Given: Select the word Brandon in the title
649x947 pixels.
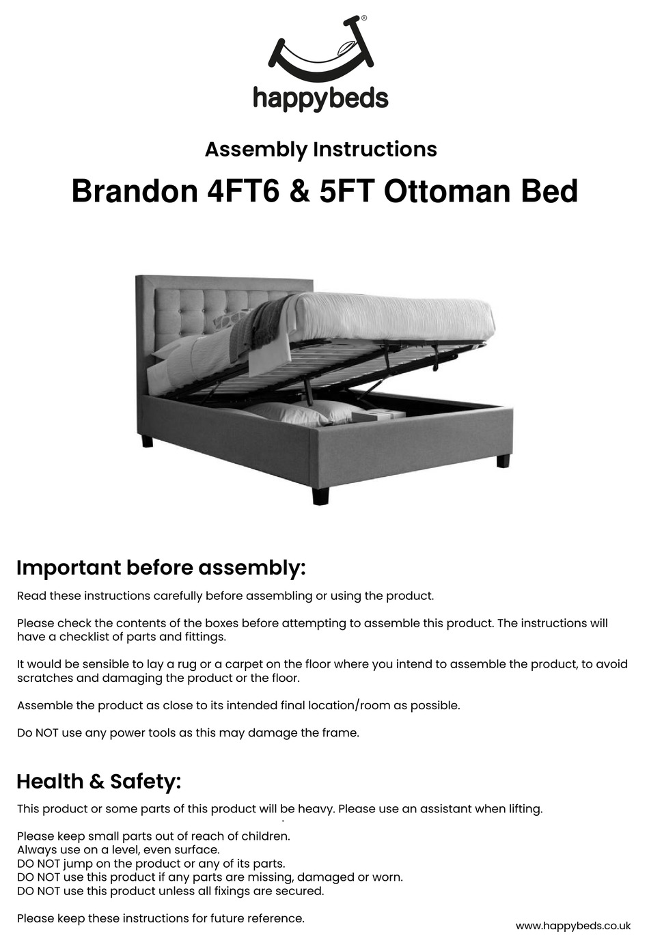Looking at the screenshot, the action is [135, 191].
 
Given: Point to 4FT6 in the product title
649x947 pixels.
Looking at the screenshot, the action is [243, 191].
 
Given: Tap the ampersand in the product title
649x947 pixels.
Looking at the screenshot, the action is [300, 191].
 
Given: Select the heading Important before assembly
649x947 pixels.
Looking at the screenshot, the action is [161, 568].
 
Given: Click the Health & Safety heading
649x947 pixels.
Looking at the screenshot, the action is [99, 782].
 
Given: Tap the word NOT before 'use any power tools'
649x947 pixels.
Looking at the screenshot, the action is [47, 733].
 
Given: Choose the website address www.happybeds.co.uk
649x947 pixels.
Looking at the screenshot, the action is [573, 926].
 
